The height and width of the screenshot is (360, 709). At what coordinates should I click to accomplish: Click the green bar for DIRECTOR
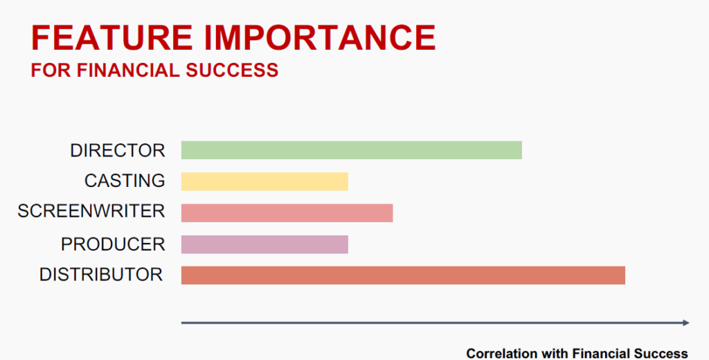click(x=351, y=150)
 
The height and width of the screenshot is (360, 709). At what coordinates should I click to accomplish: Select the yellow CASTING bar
click(x=264, y=181)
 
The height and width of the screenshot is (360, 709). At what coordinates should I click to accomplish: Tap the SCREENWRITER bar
click(x=287, y=213)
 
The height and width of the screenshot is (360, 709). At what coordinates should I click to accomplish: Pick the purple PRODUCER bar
click(x=264, y=244)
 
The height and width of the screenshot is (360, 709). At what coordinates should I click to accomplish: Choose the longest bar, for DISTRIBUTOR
click(x=404, y=276)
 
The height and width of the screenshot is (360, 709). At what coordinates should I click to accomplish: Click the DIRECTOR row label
click(x=118, y=151)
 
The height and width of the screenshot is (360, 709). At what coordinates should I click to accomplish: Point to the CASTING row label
click(x=125, y=181)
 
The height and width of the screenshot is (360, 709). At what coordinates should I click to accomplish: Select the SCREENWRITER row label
click(x=91, y=211)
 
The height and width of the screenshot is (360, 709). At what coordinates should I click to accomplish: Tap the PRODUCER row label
click(x=113, y=244)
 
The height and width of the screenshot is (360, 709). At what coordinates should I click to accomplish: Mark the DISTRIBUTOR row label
click(x=101, y=275)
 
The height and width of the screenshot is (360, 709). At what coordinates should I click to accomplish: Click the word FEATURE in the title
click(x=112, y=37)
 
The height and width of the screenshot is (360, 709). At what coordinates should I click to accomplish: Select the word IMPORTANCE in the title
click(x=320, y=37)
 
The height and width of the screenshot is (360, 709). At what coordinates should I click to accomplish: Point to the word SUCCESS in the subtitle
click(x=232, y=71)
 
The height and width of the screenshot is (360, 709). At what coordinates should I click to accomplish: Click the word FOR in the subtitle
click(x=51, y=71)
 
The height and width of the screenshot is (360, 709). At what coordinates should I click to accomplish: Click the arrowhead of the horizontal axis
click(x=686, y=323)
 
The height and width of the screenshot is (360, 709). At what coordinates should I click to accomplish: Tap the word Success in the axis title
click(x=661, y=353)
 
